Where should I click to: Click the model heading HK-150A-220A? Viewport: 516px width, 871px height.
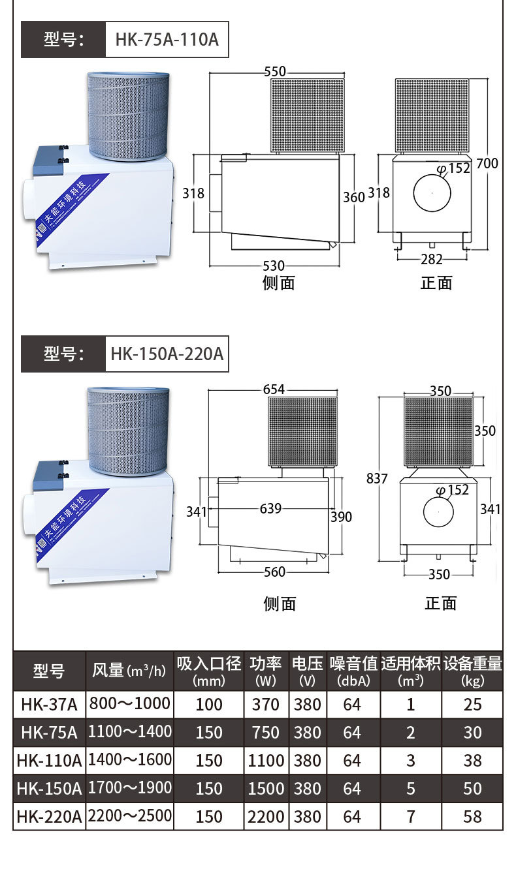(167, 354)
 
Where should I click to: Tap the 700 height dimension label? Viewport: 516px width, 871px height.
(487, 163)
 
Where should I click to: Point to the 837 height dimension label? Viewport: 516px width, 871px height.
(377, 478)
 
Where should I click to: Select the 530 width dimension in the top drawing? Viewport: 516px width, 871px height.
(274, 266)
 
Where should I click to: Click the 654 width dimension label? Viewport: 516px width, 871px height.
(274, 390)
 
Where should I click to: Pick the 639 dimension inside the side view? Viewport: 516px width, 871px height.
(270, 508)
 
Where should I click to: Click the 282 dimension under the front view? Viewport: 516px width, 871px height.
(431, 259)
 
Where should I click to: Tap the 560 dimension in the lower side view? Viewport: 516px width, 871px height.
(274, 572)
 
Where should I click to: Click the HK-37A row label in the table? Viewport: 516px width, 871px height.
(49, 705)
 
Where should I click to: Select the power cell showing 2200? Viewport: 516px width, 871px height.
(266, 816)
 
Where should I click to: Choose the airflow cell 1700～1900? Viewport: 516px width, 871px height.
(130, 788)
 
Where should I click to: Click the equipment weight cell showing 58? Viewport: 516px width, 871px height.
(472, 816)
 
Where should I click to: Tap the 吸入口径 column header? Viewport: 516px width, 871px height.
(209, 671)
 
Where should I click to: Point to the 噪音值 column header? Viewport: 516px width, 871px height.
(353, 671)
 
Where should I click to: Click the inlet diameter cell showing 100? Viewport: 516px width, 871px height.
(209, 705)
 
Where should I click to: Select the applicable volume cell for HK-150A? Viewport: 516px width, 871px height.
(410, 788)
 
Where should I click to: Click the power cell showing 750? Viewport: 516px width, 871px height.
(266, 733)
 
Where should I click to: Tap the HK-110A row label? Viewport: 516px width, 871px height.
(49, 761)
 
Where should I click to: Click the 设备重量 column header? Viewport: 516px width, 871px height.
(472, 671)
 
